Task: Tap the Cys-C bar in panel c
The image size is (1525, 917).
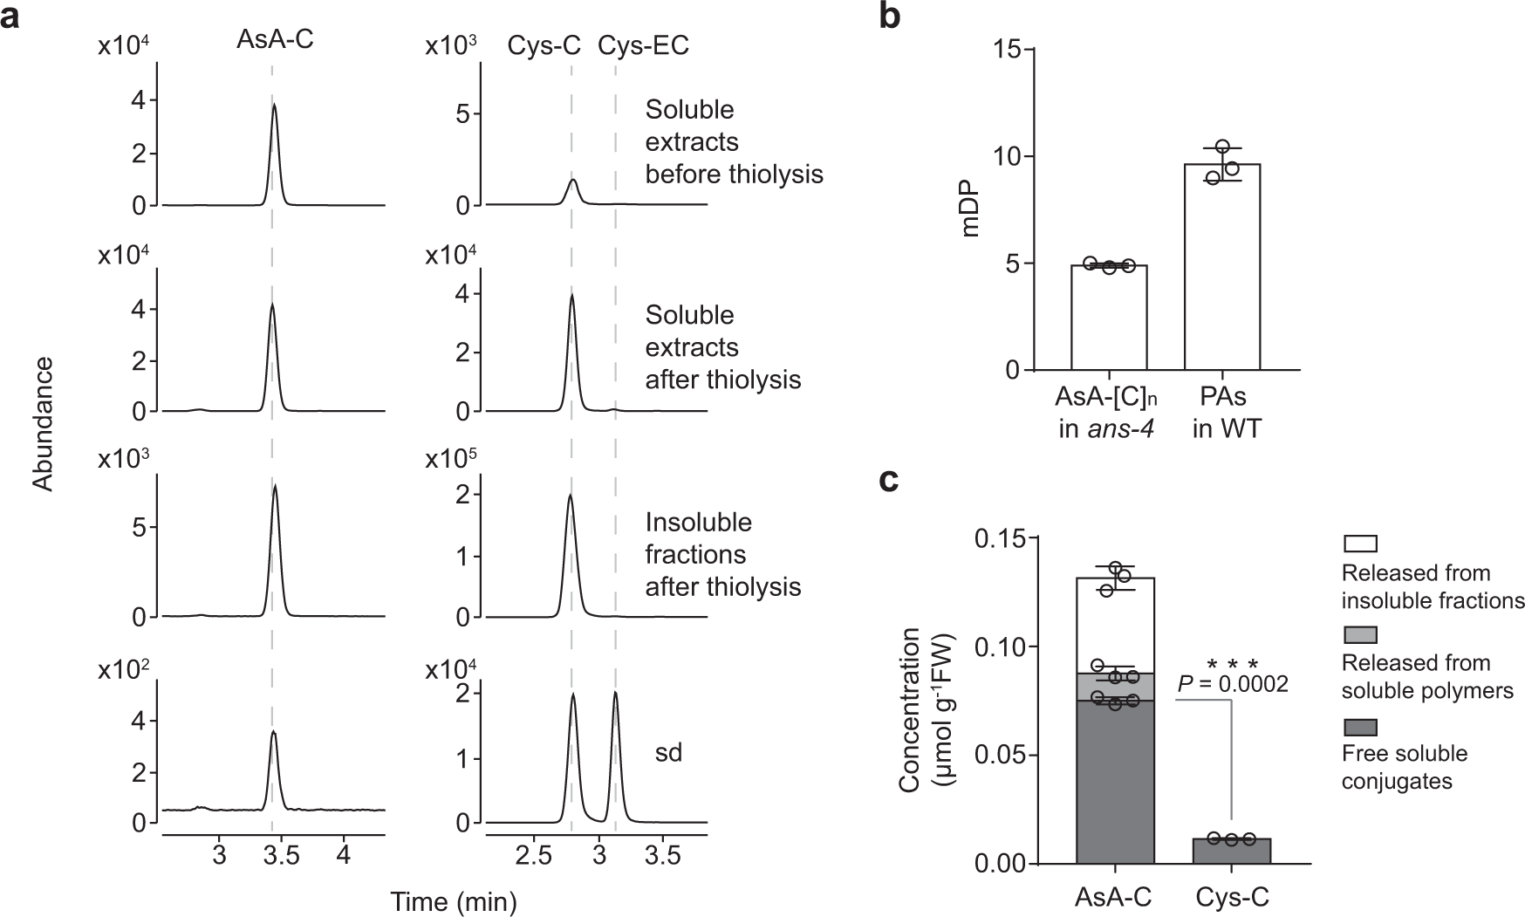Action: (1231, 851)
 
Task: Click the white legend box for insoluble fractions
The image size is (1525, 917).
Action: (1359, 543)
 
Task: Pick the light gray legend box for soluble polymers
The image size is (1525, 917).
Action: (1359, 634)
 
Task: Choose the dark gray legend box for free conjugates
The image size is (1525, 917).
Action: (1359, 726)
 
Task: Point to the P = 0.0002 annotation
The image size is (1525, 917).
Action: (1232, 684)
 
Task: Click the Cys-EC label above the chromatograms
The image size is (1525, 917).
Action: (643, 45)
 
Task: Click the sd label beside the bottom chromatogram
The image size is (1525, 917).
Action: (668, 752)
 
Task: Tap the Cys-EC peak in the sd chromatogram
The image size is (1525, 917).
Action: (615, 698)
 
